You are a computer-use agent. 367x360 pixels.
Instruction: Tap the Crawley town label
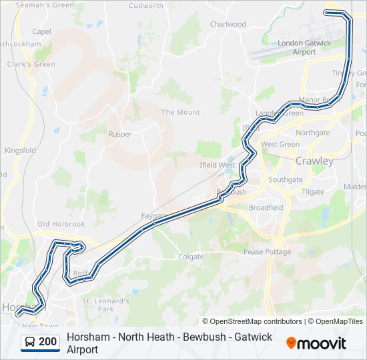click(314, 161)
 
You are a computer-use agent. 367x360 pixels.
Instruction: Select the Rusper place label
click(120, 134)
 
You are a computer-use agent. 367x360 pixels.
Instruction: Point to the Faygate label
click(153, 215)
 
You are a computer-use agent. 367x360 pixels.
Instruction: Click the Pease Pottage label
click(267, 252)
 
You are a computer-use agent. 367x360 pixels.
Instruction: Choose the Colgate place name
click(191, 257)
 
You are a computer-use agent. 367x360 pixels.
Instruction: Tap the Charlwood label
click(228, 24)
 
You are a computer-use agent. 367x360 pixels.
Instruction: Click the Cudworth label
click(146, 6)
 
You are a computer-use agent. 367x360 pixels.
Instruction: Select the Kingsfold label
click(20, 151)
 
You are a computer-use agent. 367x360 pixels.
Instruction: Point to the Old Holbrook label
click(61, 225)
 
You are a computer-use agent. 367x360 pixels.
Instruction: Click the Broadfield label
click(266, 207)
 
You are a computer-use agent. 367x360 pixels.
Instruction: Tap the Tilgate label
click(313, 192)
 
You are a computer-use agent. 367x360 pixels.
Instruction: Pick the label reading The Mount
click(180, 112)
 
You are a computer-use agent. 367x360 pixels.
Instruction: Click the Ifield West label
click(218, 165)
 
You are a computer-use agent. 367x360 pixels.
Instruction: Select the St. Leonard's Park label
click(105, 305)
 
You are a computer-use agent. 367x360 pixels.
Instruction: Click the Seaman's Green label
click(45, 5)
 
